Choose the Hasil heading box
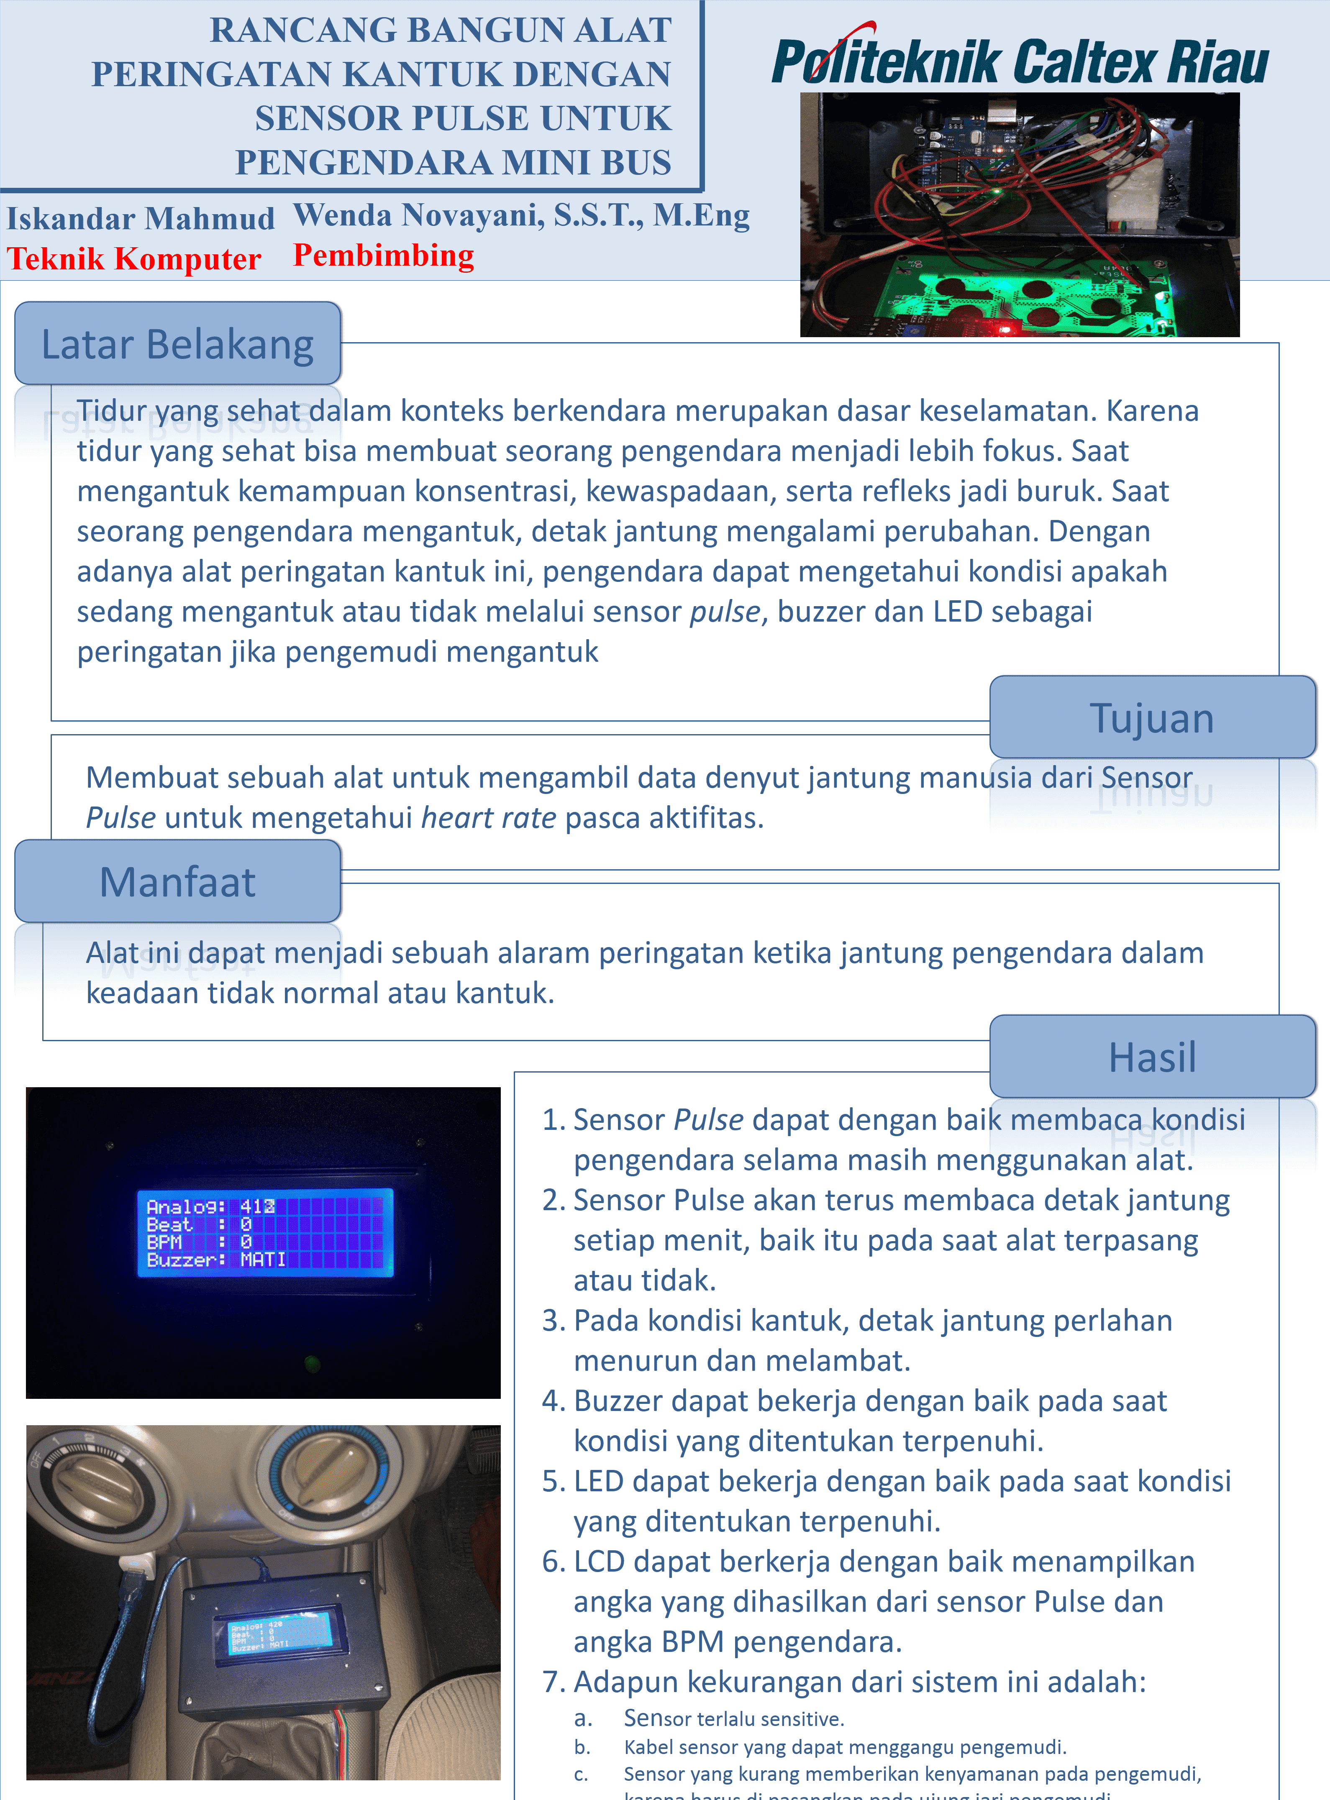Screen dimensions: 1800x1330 pos(1152,1057)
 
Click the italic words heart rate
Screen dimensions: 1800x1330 pos(488,818)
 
